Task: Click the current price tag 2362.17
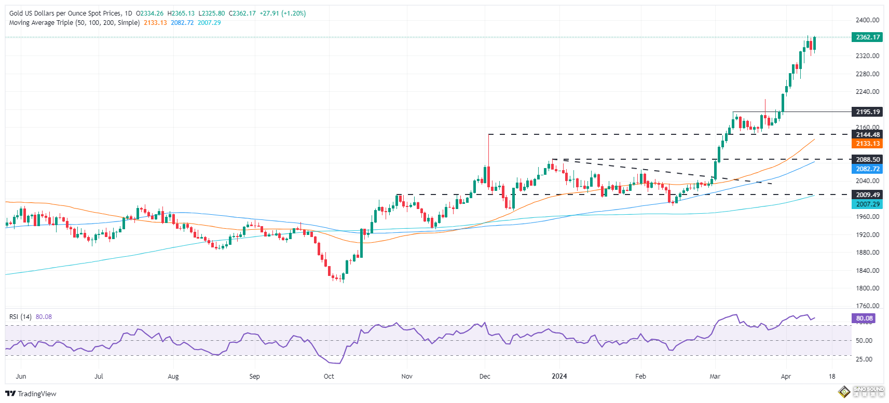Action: (867, 37)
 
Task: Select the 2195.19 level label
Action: (867, 112)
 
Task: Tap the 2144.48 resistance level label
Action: (867, 135)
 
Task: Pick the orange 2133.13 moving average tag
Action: (867, 144)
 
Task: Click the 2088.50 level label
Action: (867, 160)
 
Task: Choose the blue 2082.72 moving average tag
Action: (867, 169)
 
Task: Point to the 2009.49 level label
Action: (867, 195)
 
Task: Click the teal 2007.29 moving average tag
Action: (867, 204)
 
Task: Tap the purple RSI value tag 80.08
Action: (864, 318)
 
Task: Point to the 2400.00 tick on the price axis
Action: (867, 20)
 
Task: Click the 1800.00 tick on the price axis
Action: (867, 288)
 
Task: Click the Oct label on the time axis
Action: (329, 377)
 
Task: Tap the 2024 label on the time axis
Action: (559, 377)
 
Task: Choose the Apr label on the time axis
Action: (786, 377)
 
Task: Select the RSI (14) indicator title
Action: (21, 317)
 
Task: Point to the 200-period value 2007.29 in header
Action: (209, 23)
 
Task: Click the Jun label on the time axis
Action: (21, 377)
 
